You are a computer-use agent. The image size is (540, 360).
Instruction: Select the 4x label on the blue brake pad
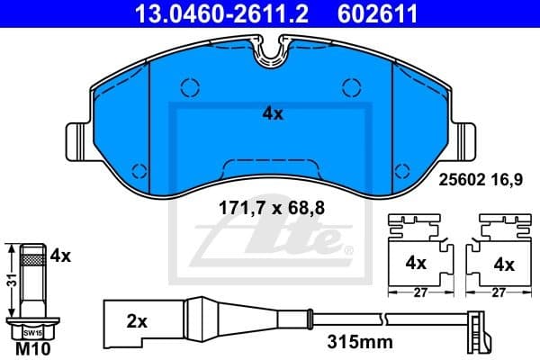[x=272, y=114]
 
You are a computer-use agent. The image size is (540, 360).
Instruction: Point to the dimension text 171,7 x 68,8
[x=272, y=209]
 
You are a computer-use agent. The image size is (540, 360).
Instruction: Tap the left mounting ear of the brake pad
[x=77, y=142]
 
